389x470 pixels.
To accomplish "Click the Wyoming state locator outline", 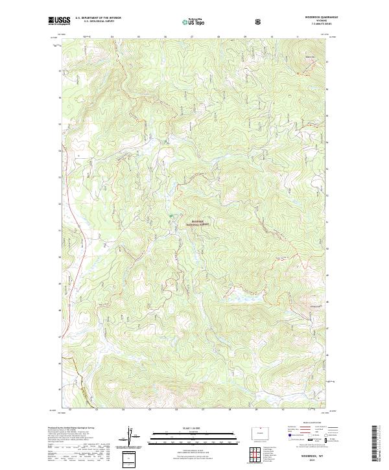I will click(x=261, y=432).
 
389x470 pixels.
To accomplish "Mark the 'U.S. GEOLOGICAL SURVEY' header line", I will click(x=95, y=21).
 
